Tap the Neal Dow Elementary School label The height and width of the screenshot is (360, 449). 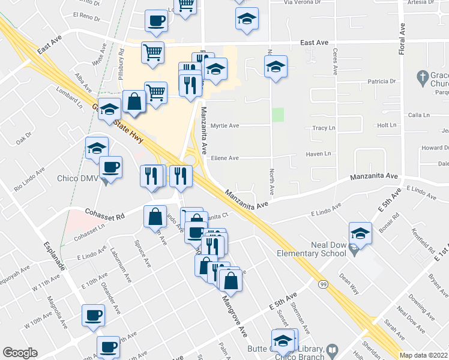[311, 249]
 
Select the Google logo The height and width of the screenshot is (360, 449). [20, 353]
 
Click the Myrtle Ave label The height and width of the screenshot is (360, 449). [226, 126]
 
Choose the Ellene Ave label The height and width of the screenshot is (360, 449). [224, 158]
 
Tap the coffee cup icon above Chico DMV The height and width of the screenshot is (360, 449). [110, 166]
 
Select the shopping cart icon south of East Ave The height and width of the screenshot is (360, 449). [153, 52]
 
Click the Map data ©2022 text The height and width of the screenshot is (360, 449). [424, 355]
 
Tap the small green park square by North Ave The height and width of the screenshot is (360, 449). [277, 115]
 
